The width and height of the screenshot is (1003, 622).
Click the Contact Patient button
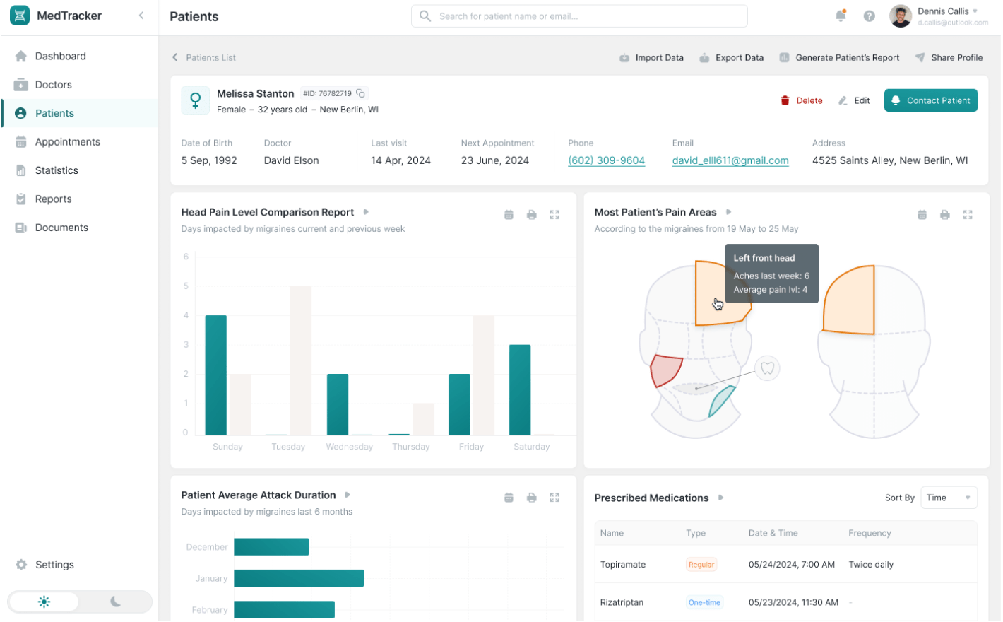930,100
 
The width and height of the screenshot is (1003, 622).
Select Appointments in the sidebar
67,142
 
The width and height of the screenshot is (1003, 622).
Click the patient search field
579,16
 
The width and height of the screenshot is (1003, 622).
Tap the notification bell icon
840,16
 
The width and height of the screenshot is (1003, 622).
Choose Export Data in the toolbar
731,58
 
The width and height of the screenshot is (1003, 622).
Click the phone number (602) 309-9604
606,160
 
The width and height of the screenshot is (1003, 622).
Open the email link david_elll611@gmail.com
730,160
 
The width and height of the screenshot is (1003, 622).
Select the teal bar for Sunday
215,375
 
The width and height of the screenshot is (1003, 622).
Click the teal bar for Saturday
519,389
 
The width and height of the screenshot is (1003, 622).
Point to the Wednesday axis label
349,447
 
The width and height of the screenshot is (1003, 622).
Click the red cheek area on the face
665,370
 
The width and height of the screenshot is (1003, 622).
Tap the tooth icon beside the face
767,368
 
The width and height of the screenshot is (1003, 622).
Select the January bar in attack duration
298,578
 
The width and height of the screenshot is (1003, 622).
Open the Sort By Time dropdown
949,498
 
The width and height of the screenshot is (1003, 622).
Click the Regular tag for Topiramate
701,565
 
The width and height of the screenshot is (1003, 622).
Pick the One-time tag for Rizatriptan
704,602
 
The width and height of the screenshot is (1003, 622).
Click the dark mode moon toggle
115,602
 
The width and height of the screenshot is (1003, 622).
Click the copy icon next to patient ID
360,93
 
